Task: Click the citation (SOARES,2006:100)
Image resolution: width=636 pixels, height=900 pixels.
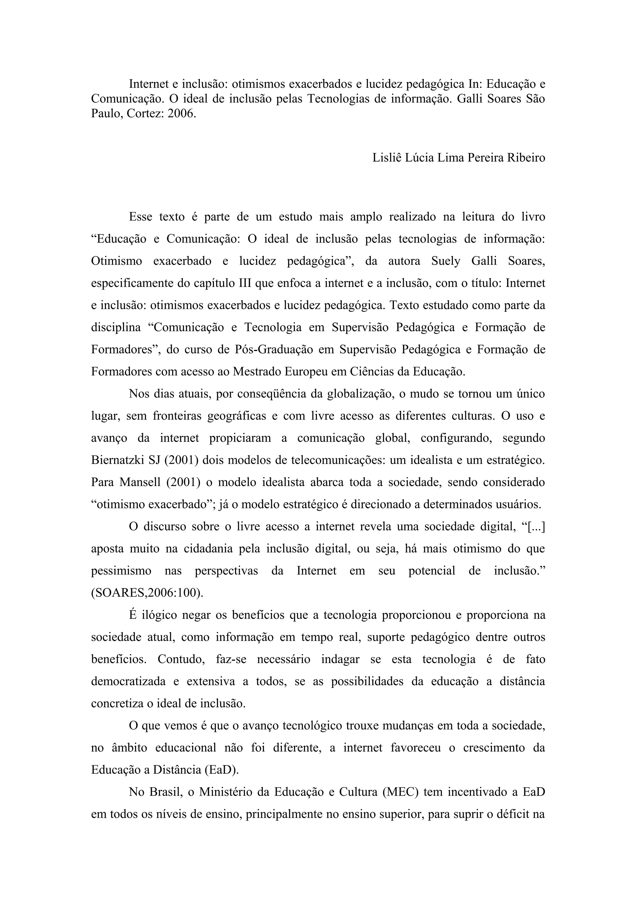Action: tap(147, 593)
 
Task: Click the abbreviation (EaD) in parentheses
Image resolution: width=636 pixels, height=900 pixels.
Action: tap(221, 770)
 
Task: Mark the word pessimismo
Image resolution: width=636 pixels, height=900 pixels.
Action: tap(121, 571)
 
